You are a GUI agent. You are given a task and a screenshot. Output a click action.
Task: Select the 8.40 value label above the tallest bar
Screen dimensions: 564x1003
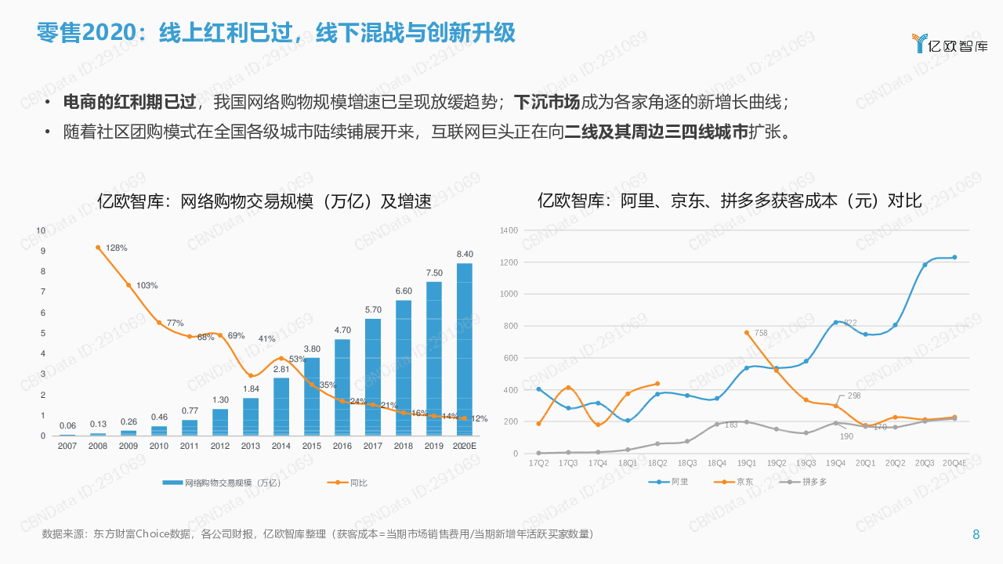click(x=465, y=254)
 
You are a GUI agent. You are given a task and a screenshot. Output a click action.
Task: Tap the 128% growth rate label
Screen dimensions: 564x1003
click(x=117, y=248)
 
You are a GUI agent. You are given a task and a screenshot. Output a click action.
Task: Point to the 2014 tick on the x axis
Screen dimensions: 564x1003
click(x=281, y=446)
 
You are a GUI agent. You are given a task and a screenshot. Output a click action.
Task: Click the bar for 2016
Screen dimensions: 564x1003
click(x=342, y=387)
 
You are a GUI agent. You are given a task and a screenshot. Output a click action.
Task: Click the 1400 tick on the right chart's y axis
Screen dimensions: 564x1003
click(x=509, y=230)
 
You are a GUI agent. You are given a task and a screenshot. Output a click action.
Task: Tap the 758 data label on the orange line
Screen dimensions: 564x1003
click(x=761, y=333)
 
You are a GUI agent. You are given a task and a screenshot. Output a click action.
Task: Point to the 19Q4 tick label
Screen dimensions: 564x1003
click(x=835, y=463)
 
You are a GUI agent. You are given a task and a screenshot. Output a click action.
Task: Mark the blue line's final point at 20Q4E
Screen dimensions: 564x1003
click(x=954, y=257)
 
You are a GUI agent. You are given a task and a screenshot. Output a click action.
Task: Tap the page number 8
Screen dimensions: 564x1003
click(x=976, y=535)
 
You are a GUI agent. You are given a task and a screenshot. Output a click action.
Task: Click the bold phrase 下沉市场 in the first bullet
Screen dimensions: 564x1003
click(x=546, y=103)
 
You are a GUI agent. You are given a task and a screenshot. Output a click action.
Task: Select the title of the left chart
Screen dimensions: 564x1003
click(x=264, y=201)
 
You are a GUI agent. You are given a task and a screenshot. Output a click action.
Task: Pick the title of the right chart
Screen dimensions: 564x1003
click(x=730, y=201)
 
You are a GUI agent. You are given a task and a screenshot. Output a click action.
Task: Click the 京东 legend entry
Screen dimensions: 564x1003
click(x=745, y=481)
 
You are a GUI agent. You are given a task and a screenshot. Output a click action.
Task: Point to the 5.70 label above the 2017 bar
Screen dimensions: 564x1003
click(x=373, y=309)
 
